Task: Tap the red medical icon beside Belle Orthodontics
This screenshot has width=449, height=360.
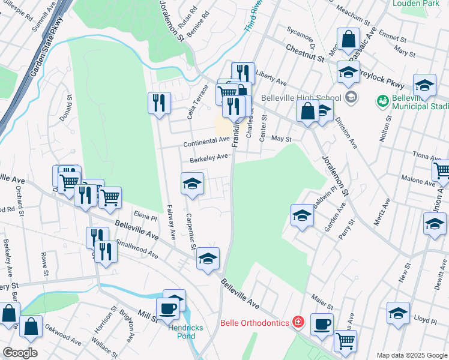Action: coord(298,323)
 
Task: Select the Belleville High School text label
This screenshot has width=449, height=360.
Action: coord(301,98)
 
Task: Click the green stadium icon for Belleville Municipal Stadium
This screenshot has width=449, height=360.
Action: coord(382,101)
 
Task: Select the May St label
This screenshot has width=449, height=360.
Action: coord(282,139)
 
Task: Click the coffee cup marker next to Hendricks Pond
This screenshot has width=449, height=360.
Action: coord(167,308)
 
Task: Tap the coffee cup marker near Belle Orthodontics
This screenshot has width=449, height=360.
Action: coord(322,324)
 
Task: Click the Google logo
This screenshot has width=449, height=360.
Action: coord(20,353)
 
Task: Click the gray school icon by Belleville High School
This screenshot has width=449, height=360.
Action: coord(351,97)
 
